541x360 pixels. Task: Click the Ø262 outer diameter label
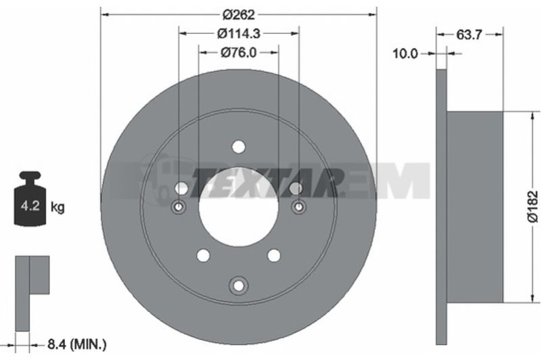click(x=239, y=14)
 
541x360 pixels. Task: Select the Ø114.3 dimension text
click(x=239, y=33)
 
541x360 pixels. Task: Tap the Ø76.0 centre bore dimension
click(x=239, y=53)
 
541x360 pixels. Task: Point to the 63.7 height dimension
click(x=469, y=35)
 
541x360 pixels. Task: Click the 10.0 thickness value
click(x=405, y=53)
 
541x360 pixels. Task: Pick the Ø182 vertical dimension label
click(x=533, y=206)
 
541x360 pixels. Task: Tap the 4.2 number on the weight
click(x=30, y=206)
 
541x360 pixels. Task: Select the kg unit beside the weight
click(x=57, y=207)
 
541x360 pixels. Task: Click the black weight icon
click(x=30, y=198)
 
